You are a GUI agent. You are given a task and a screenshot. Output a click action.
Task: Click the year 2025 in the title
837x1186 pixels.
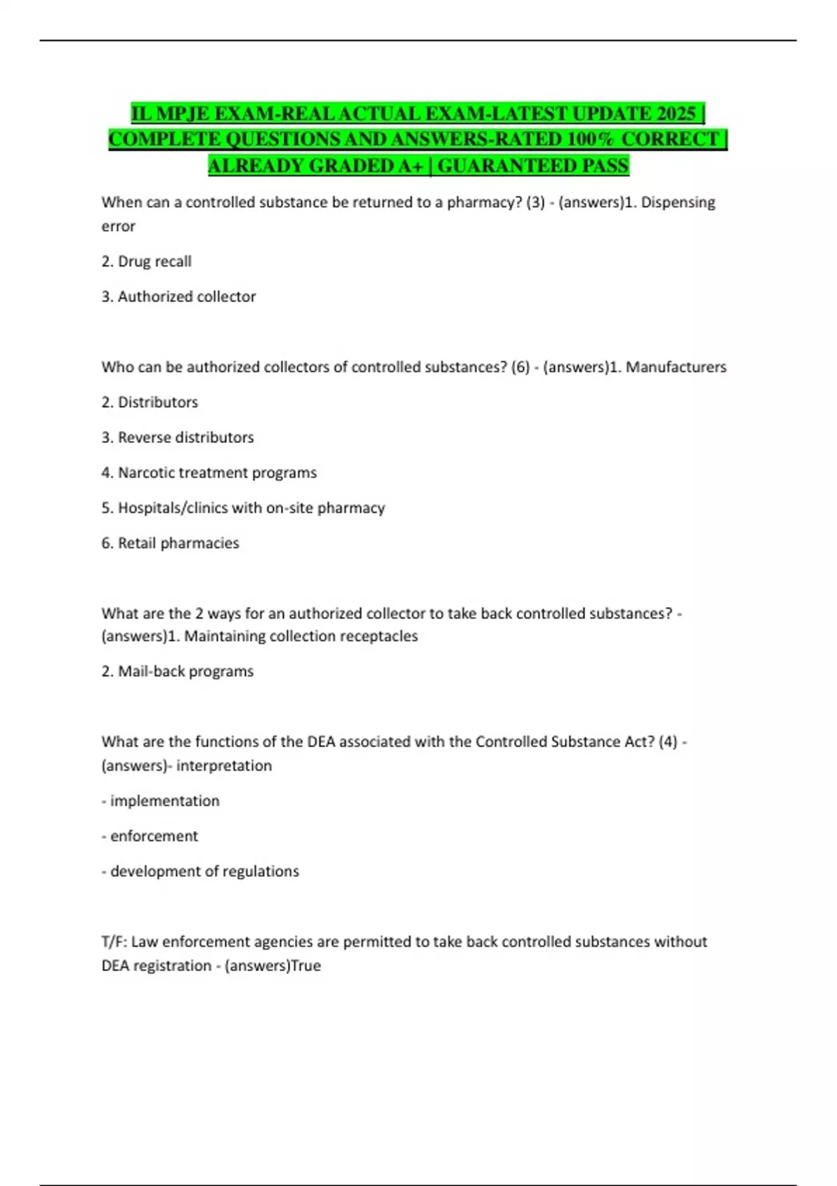click(x=676, y=113)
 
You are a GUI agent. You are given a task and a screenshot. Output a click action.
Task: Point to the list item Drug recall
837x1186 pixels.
click(x=146, y=262)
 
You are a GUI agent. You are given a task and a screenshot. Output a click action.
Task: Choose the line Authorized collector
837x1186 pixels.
click(x=179, y=296)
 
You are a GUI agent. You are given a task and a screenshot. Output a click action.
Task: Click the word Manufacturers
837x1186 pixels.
click(x=676, y=367)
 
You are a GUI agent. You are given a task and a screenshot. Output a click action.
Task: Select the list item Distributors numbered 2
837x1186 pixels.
click(x=150, y=403)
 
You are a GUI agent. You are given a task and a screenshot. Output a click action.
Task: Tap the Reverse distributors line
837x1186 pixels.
click(x=178, y=437)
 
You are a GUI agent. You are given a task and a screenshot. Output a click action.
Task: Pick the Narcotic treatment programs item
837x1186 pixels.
click(x=209, y=473)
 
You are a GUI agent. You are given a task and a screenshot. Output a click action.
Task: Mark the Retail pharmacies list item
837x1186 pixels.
click(x=170, y=543)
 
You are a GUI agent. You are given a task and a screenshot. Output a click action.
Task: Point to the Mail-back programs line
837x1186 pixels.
click(x=178, y=671)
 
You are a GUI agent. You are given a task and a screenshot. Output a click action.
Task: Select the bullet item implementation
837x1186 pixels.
click(x=161, y=801)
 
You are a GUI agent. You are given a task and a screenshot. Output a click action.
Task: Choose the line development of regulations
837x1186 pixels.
click(x=201, y=871)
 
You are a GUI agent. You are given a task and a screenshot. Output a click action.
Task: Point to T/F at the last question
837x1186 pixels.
click(x=113, y=942)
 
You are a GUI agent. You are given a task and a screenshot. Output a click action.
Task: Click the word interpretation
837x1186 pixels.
click(x=224, y=766)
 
